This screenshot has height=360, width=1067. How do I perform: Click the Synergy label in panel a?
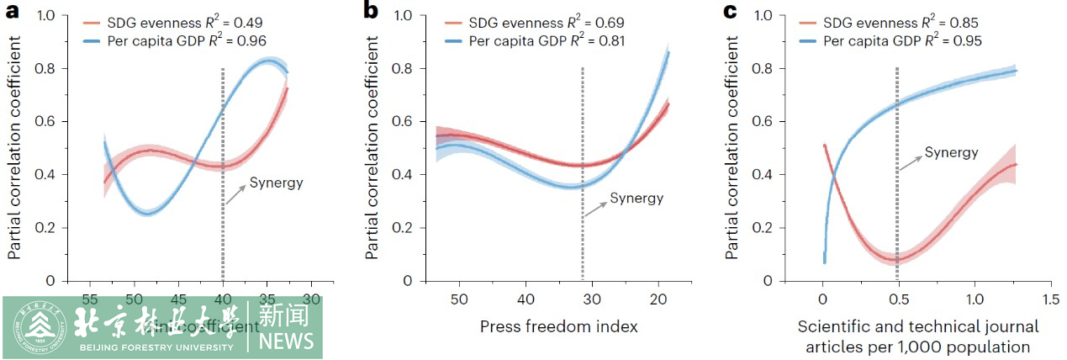[275, 183]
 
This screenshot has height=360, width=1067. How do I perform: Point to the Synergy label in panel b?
[636, 199]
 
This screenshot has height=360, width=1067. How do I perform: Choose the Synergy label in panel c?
[951, 152]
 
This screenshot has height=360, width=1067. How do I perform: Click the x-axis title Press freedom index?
[559, 326]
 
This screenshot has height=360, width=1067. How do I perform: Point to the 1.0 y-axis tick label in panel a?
[46, 15]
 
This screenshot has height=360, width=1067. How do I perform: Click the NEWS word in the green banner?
[287, 341]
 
